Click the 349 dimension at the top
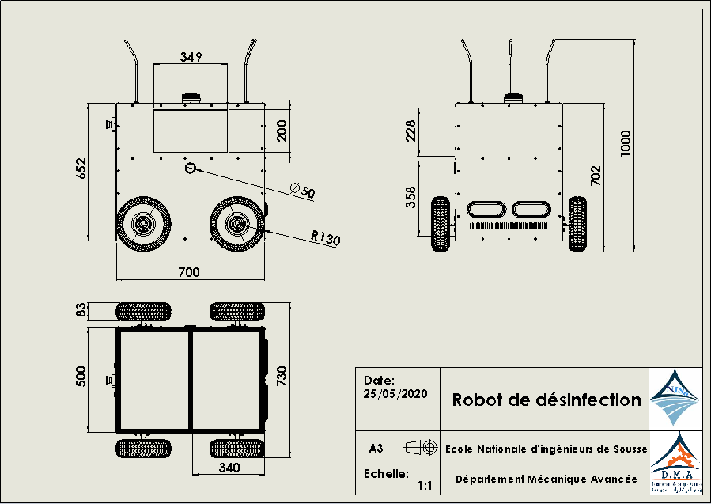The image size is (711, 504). coord(191,57)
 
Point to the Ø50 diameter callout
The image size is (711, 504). coord(302,191)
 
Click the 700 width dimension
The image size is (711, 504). coord(188,272)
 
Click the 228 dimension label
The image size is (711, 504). coord(410,131)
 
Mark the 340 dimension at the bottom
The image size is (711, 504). coord(229,468)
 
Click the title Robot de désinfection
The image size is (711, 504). coord(546,400)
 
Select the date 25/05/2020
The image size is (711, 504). coord(395,393)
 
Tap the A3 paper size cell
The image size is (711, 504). coord(376,449)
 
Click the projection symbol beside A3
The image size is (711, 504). coord(421,448)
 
